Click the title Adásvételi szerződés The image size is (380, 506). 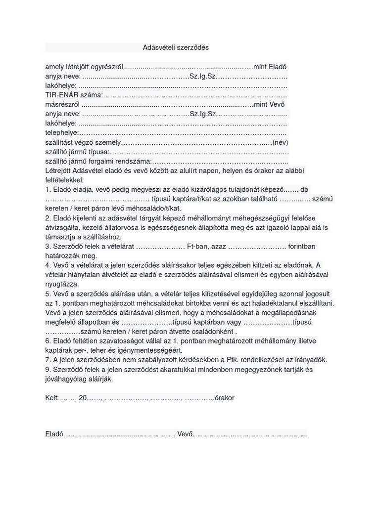click(x=176, y=47)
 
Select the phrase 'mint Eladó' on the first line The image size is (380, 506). click(x=270, y=67)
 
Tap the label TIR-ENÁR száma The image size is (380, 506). click(x=74, y=95)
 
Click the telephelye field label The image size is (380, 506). click(x=62, y=132)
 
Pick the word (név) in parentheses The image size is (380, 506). click(x=281, y=142)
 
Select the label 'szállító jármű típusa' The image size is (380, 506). click(x=77, y=152)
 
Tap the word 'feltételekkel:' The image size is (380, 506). click(x=64, y=180)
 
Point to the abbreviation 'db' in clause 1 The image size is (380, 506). click(x=304, y=189)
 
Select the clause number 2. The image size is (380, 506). click(x=47, y=218)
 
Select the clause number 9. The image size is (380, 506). click(x=47, y=369)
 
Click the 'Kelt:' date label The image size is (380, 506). click(x=52, y=398)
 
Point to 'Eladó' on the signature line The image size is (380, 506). click(x=54, y=434)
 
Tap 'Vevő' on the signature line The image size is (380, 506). click(x=185, y=434)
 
